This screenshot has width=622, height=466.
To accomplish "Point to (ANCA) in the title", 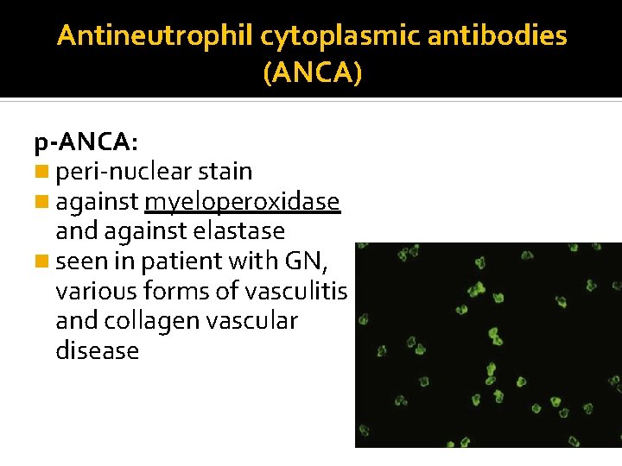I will pyautogui.click(x=312, y=74).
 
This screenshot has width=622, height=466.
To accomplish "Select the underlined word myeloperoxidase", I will pyautogui.click(x=243, y=203).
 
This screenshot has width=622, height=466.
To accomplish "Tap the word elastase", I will pyautogui.click(x=241, y=231).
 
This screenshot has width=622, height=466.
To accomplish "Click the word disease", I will pyautogui.click(x=97, y=350).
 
